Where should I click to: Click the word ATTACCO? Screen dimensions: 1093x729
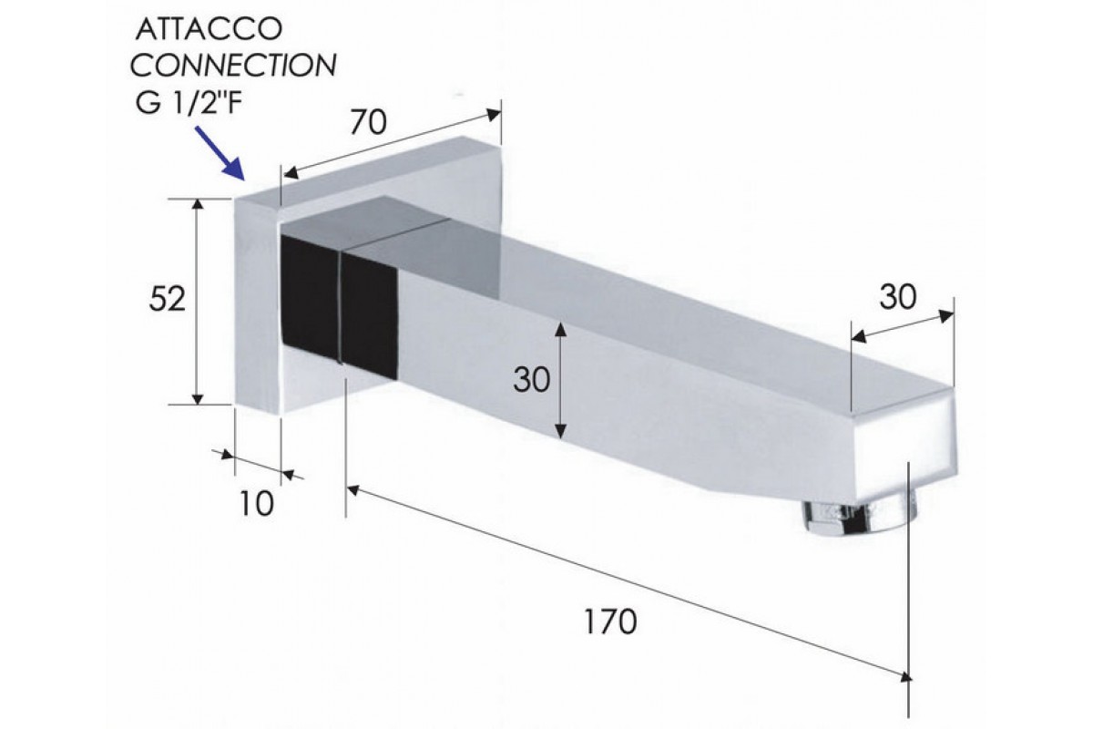[209, 29]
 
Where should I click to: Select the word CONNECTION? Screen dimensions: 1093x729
[233, 66]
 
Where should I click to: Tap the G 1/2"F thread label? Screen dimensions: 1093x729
[189, 103]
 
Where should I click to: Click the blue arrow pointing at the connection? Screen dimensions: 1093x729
[220, 153]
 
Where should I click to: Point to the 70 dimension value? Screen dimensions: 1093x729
[368, 122]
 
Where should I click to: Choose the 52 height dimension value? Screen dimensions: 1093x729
[168, 299]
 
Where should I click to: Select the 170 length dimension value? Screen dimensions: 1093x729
[610, 621]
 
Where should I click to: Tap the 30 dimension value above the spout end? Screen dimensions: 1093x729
[898, 297]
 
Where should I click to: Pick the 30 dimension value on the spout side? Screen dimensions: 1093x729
[531, 380]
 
